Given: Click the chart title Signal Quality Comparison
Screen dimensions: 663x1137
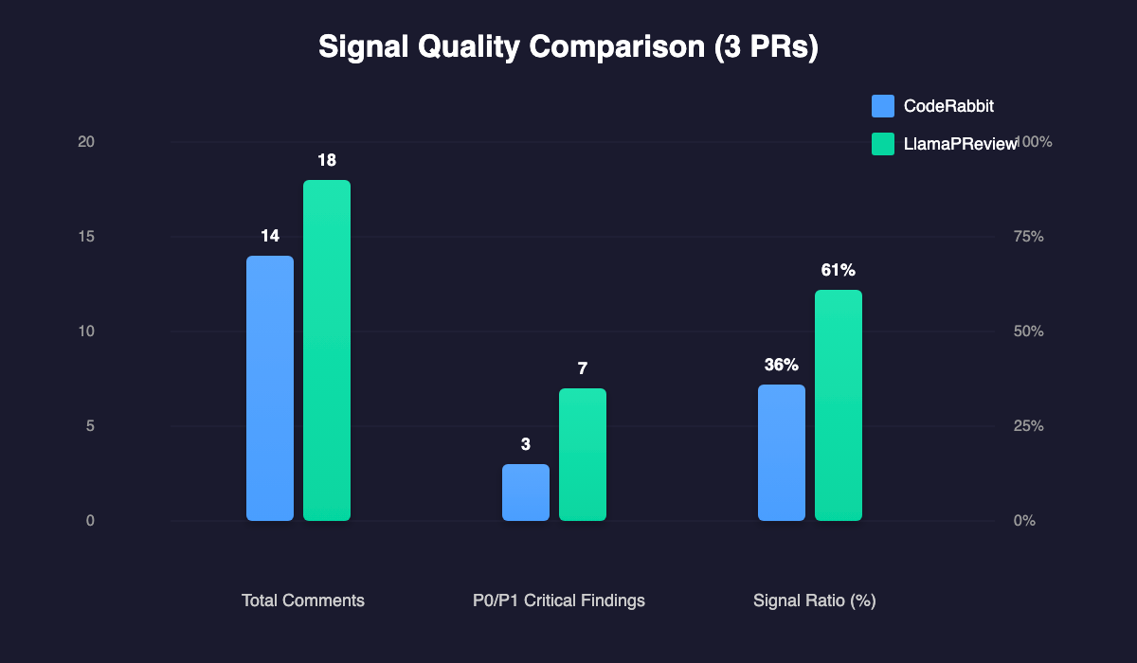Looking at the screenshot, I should tap(568, 47).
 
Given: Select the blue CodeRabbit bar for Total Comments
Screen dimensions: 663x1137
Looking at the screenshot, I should tap(270, 388).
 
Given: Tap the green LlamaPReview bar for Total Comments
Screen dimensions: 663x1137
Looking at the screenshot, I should tap(327, 350).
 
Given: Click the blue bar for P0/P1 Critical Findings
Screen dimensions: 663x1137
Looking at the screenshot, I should tap(526, 493).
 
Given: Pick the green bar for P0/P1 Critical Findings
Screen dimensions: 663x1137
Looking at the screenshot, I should tap(583, 455).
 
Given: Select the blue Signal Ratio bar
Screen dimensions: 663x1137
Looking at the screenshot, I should tap(782, 453).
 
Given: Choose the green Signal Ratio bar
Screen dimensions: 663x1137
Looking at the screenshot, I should tap(839, 405).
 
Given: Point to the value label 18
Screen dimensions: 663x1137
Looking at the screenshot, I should tap(327, 160).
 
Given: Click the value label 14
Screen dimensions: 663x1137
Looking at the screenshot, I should tap(270, 236).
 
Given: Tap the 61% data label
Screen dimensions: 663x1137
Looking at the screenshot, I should tap(839, 270).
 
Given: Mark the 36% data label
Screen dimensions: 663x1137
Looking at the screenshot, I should tap(782, 365).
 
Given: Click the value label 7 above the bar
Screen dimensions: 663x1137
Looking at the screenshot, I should tap(583, 368).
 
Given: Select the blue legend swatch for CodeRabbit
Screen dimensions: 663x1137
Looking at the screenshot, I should tap(882, 106).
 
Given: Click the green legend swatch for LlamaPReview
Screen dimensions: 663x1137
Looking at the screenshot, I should tap(882, 144).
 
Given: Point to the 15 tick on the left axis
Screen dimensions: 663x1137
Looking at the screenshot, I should tap(86, 237).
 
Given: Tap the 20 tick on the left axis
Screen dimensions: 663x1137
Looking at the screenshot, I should tap(86, 142).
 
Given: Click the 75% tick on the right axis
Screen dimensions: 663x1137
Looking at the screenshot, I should tap(1027, 237).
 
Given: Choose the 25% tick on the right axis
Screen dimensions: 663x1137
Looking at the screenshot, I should tap(1027, 426).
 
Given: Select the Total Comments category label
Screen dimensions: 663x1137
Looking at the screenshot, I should tap(303, 600).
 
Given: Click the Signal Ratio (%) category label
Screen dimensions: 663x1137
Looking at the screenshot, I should tap(814, 600).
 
